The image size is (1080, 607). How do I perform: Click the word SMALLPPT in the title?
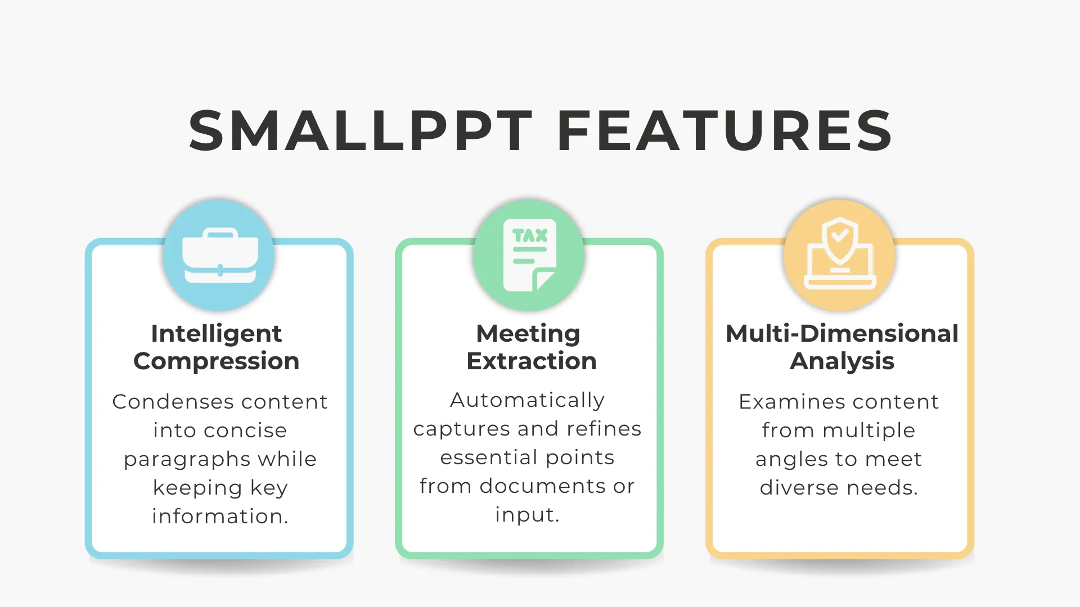tap(361, 130)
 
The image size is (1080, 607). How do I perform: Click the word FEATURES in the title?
tap(724, 130)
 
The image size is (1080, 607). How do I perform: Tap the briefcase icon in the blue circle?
tap(220, 255)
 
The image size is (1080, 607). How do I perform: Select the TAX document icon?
tap(529, 255)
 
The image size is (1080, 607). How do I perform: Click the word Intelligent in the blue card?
tap(217, 334)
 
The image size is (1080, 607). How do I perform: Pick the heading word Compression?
tap(217, 361)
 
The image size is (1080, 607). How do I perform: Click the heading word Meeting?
tap(528, 334)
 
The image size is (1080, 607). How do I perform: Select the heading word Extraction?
tap(532, 361)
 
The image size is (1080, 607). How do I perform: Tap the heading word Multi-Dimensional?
tap(842, 333)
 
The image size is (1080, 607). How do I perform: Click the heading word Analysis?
tap(842, 361)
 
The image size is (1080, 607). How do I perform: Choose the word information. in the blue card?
tap(220, 517)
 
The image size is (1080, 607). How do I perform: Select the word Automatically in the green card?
tap(528, 401)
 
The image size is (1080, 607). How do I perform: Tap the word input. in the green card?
tap(527, 515)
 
